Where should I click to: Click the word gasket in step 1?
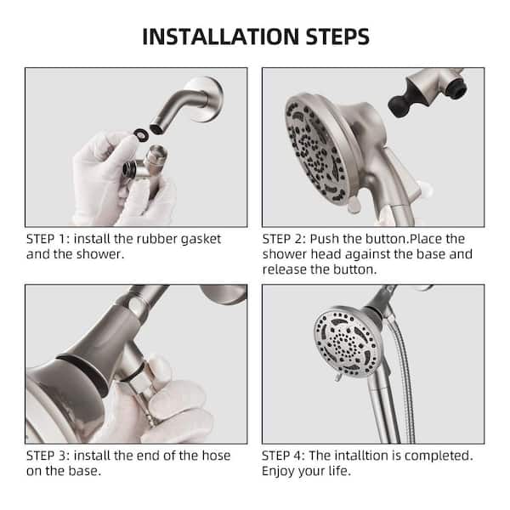click(201, 239)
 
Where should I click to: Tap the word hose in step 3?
click(214, 456)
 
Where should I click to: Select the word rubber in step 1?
click(158, 239)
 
